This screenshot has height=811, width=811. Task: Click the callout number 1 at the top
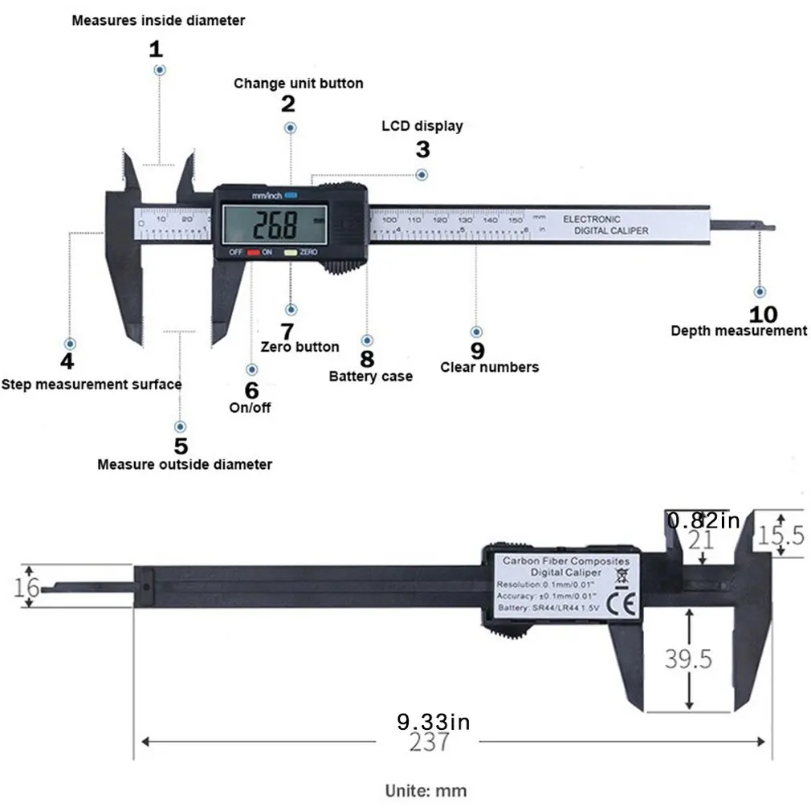pos(156,49)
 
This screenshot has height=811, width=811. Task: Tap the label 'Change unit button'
pos(298,84)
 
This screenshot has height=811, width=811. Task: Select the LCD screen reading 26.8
pos(276,226)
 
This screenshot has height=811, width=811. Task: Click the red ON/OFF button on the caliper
pos(253,252)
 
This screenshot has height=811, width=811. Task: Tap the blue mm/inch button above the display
pos(290,194)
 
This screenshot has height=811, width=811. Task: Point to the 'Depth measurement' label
pos(738,331)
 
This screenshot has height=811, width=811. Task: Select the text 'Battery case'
pos(370,376)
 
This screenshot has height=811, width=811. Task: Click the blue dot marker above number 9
pos(476,332)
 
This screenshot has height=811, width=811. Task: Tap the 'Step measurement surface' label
pos(91,385)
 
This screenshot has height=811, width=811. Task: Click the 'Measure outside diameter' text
pos(184,464)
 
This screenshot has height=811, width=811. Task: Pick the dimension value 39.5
pos(688,659)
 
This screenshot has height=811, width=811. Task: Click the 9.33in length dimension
pos(434,722)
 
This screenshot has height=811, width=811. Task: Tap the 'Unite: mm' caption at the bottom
pos(426,790)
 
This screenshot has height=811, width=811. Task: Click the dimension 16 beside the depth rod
pos(26,587)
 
